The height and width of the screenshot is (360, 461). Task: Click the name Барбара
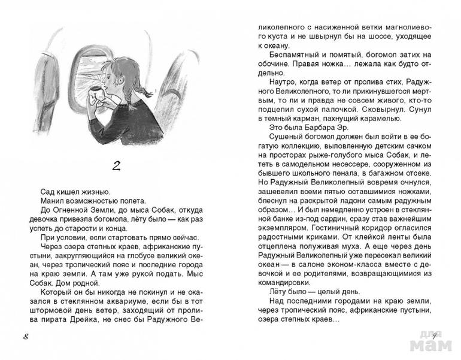point(305,126)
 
